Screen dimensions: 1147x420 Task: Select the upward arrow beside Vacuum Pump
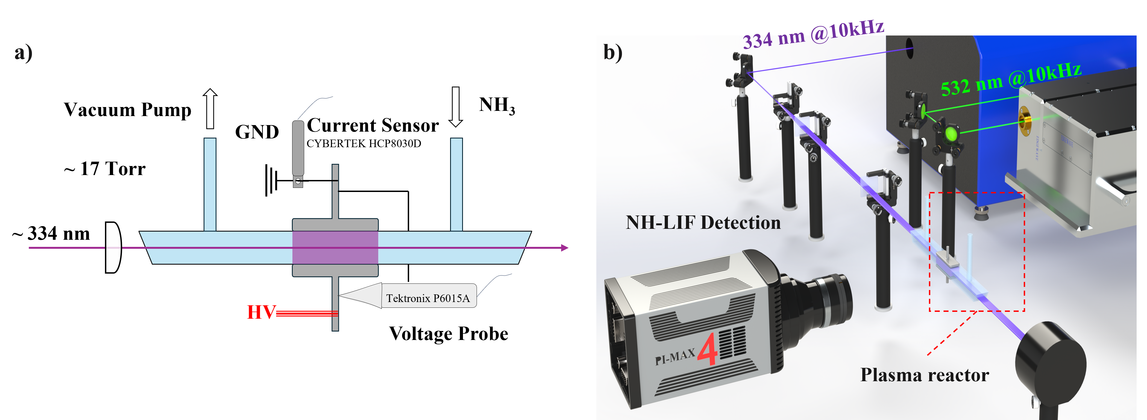pyautogui.click(x=210, y=109)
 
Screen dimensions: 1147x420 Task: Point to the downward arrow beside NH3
pyautogui.click(x=456, y=107)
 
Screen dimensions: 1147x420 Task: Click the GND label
pyautogui.click(x=257, y=132)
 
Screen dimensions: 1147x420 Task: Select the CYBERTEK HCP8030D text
pyautogui.click(x=364, y=144)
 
